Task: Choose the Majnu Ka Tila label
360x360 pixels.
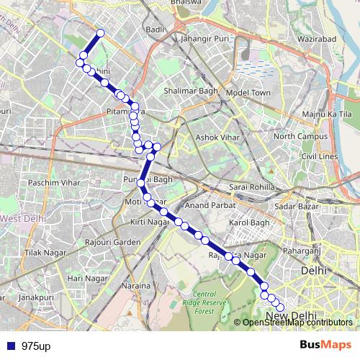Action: (327, 114)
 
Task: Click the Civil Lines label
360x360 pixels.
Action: (320, 156)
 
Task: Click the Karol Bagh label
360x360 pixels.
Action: (248, 222)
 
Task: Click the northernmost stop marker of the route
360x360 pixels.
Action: (101, 32)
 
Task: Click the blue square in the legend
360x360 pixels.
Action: (12, 346)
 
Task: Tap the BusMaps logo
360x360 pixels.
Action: (326, 346)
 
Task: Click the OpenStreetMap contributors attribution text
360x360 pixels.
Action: (297, 322)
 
